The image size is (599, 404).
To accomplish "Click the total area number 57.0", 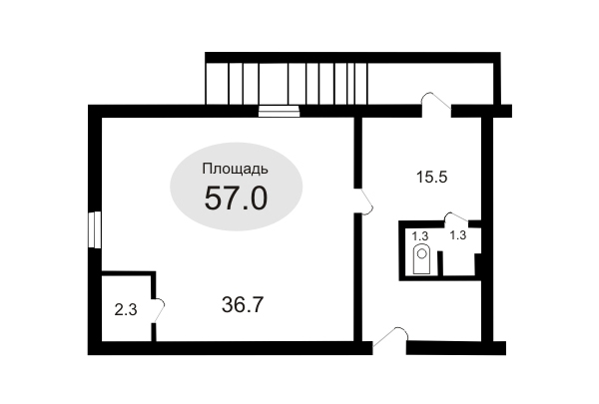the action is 236,199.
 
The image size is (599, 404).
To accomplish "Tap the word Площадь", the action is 235,170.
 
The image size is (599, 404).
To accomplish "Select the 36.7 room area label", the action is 243,305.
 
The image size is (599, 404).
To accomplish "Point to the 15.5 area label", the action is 431,178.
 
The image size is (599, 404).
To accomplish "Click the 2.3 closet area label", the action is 126,310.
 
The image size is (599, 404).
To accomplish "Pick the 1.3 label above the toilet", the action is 420,236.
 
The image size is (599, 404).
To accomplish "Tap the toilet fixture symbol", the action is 421,259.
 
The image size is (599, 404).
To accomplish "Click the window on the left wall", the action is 95,229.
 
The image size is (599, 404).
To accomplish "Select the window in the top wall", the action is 279,111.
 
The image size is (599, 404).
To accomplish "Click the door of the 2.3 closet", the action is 158,310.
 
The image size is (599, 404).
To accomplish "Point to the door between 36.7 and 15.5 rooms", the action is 363,202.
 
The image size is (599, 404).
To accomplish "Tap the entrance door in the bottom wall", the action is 390,337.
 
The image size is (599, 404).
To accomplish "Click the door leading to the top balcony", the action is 436,102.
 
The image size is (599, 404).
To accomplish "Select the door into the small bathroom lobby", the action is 457,217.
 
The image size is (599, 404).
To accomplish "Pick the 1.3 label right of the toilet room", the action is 457,235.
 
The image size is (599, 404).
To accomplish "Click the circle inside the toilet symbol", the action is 421,253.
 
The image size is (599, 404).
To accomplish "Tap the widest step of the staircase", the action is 274,83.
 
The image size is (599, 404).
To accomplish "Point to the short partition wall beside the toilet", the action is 440,263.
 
